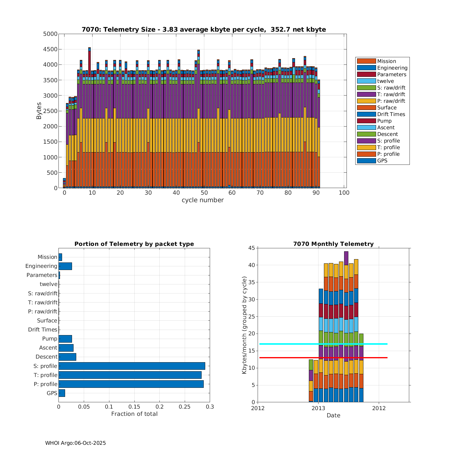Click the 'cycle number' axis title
(x=202, y=200)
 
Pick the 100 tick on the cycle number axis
(x=344, y=193)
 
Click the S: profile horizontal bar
(x=132, y=366)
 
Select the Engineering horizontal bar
(x=65, y=266)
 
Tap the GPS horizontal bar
(x=62, y=393)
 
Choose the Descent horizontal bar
(x=67, y=357)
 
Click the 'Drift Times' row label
(x=42, y=330)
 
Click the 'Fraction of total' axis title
(x=134, y=414)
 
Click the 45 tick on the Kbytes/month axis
(x=251, y=248)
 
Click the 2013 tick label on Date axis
(x=318, y=408)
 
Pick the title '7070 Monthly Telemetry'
(x=333, y=244)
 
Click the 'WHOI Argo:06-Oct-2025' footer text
(x=75, y=443)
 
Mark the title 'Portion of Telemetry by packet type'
(x=134, y=244)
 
